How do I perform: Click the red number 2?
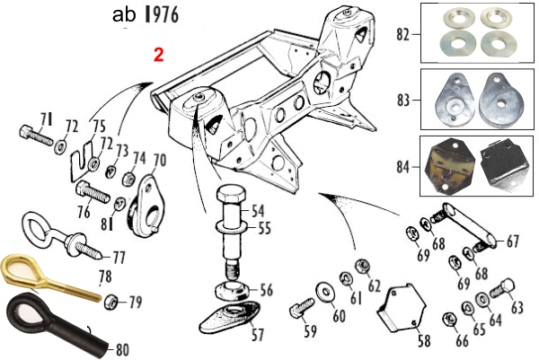[x=159, y=54]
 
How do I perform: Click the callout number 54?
[x=259, y=212]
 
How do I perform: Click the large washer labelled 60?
[x=322, y=295]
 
